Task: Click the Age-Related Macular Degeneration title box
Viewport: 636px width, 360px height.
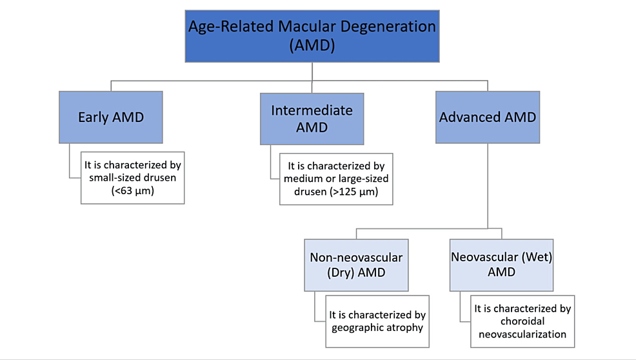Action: pos(312,36)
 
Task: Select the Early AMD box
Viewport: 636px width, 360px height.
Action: pos(110,117)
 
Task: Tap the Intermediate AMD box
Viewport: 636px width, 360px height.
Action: pos(312,119)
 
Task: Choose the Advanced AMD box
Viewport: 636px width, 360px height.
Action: pos(487,117)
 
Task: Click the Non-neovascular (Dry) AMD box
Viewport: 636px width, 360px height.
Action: pos(356,265)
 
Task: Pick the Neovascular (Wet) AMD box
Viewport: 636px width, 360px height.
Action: pos(501,265)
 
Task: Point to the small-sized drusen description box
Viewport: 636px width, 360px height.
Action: pos(133,177)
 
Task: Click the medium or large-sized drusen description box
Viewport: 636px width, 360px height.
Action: pos(336,179)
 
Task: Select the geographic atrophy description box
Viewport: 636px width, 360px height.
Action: pos(377,321)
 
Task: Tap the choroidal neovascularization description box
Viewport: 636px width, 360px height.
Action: pos(522,321)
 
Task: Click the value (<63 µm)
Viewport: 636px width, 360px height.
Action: pos(133,190)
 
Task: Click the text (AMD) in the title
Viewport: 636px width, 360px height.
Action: pos(312,46)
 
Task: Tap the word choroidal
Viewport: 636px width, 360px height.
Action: pos(523,321)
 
